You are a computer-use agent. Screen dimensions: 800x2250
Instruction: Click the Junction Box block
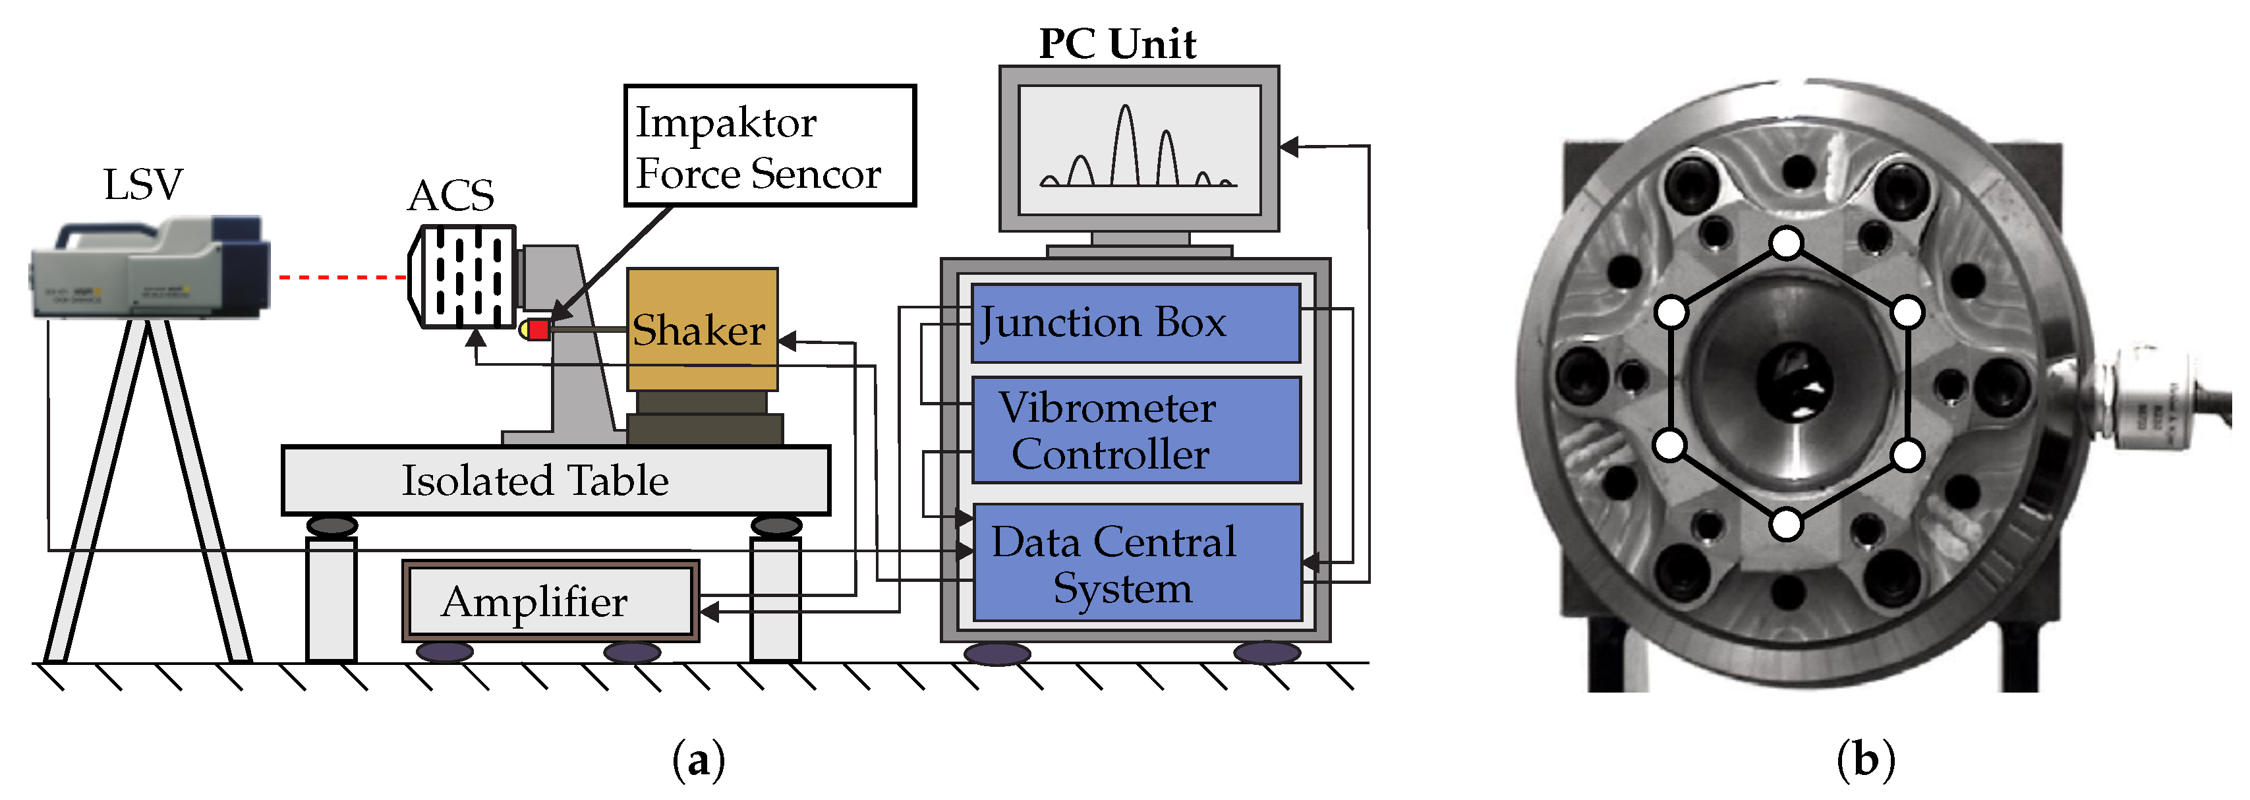(x=1136, y=323)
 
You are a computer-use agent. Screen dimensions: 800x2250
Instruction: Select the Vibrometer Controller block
(x=1136, y=430)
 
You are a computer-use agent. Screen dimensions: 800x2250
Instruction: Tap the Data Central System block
(x=1136, y=563)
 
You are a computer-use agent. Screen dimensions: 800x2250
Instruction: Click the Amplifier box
(x=550, y=602)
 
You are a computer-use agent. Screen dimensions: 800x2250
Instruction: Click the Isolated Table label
(x=534, y=480)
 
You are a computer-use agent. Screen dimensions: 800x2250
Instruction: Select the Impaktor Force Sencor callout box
(x=768, y=146)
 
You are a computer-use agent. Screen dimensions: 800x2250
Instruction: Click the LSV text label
(x=142, y=185)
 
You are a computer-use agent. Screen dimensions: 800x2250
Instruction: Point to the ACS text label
(x=451, y=196)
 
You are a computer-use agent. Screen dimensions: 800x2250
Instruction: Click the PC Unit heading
(x=1116, y=43)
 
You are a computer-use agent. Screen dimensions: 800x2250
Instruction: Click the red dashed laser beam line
(x=341, y=277)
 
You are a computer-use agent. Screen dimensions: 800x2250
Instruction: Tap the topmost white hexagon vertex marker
(x=1787, y=243)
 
